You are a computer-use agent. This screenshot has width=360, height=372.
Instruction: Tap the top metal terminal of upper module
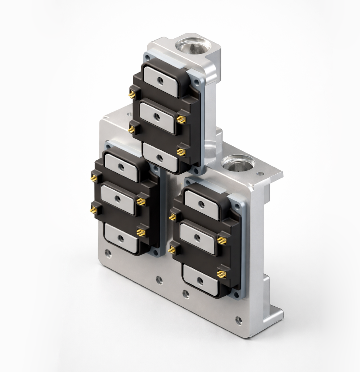tap(161, 81)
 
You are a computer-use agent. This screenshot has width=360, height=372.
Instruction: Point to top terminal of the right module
tap(201, 205)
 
